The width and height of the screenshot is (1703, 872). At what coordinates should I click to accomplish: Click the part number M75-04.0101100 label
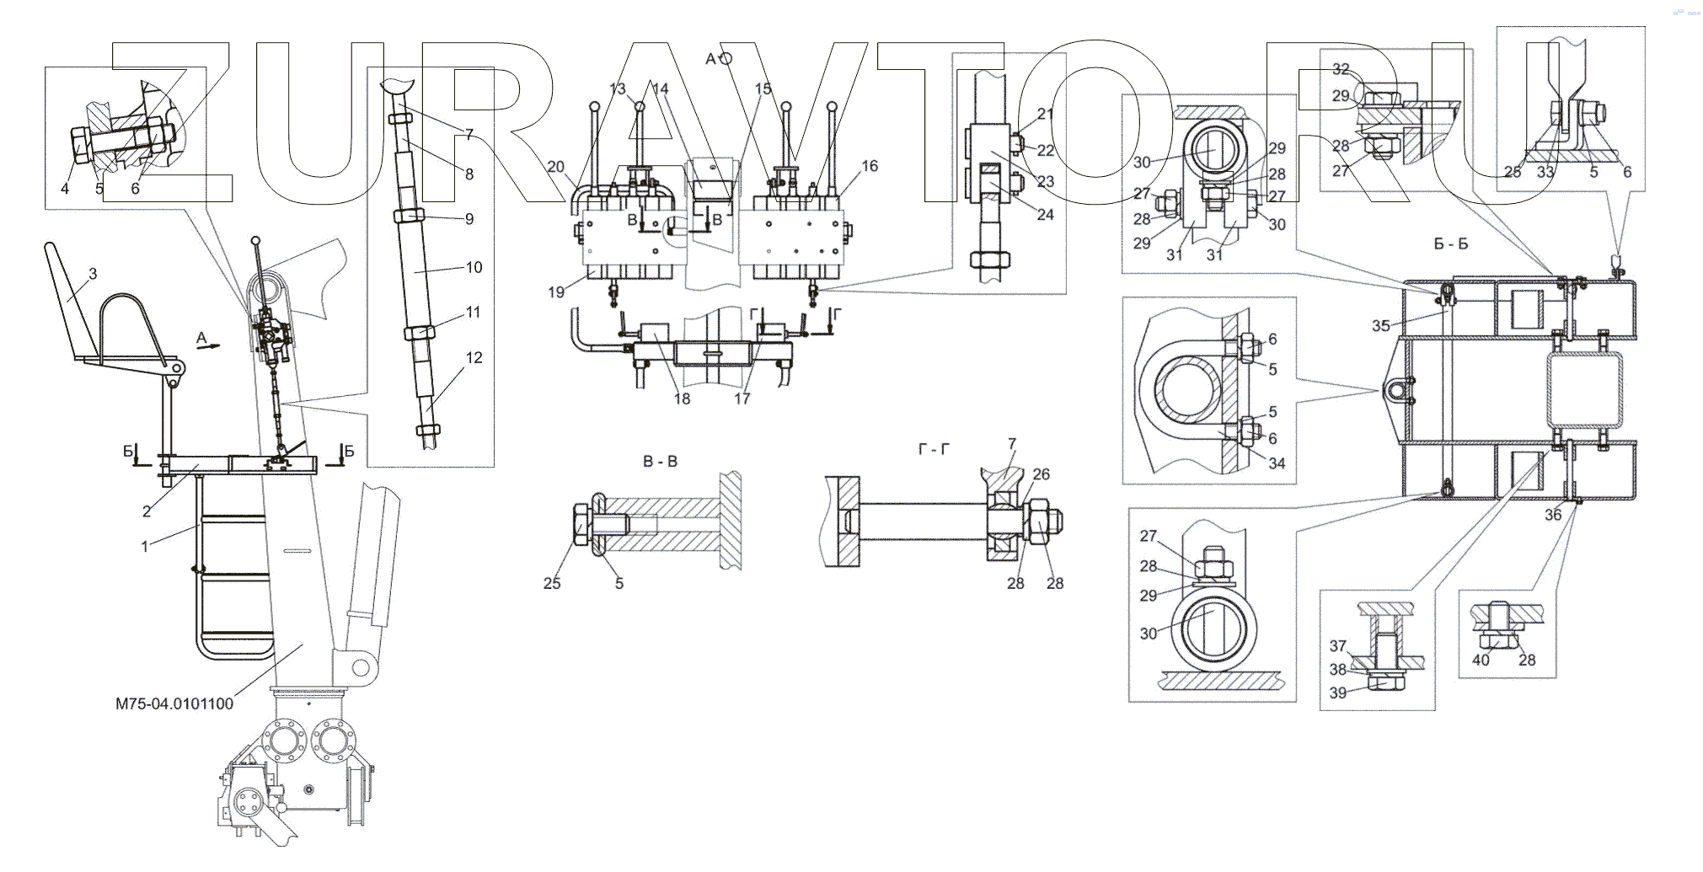pos(174,703)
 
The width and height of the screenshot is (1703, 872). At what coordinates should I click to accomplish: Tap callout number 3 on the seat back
pos(93,274)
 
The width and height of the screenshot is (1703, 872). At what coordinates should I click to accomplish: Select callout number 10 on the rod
pos(474,267)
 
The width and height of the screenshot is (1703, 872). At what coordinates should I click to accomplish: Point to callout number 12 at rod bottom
pos(474,357)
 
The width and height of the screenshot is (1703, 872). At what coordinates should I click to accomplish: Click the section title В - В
pos(660,462)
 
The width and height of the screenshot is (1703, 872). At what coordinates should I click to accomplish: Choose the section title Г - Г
pos(934,450)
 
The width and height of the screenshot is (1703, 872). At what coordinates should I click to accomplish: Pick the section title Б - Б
pos(1450,244)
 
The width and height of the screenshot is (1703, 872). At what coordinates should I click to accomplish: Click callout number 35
pos(1380,325)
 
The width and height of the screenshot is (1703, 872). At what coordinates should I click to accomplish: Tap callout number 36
pos(1553,516)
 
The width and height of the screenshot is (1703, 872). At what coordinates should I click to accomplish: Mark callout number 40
pos(1481,661)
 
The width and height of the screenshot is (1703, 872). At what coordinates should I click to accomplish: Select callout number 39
pos(1338,693)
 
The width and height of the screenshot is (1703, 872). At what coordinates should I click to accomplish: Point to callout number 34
pos(1277,463)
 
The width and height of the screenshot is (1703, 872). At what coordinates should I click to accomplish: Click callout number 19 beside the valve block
pos(556,292)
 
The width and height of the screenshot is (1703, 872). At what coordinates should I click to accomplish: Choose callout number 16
pos(870,166)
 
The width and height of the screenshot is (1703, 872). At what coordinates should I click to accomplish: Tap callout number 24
pos(1045,215)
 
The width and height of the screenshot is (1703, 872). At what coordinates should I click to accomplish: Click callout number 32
pos(1341,69)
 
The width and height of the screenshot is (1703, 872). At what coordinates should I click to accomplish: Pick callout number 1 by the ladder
pos(145,546)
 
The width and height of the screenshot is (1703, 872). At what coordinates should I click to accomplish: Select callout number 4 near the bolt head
pos(65,189)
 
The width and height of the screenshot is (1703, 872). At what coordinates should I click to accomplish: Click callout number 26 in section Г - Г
pos(1042,474)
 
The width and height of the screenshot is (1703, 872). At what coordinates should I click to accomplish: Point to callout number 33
pos(1544,172)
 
